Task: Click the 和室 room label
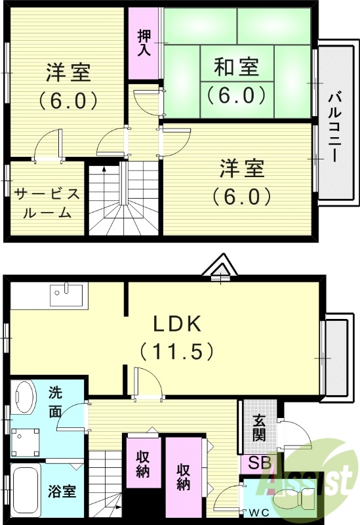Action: pyautogui.click(x=236, y=67)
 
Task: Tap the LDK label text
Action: pyautogui.click(x=176, y=324)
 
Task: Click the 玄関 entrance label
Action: pyautogui.click(x=258, y=427)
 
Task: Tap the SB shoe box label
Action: pyautogui.click(x=258, y=463)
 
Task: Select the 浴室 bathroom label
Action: pyautogui.click(x=62, y=491)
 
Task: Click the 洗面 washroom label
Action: pyautogui.click(x=56, y=402)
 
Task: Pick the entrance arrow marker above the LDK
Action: pyautogui.click(x=220, y=268)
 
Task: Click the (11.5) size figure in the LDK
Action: pyautogui.click(x=176, y=352)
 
